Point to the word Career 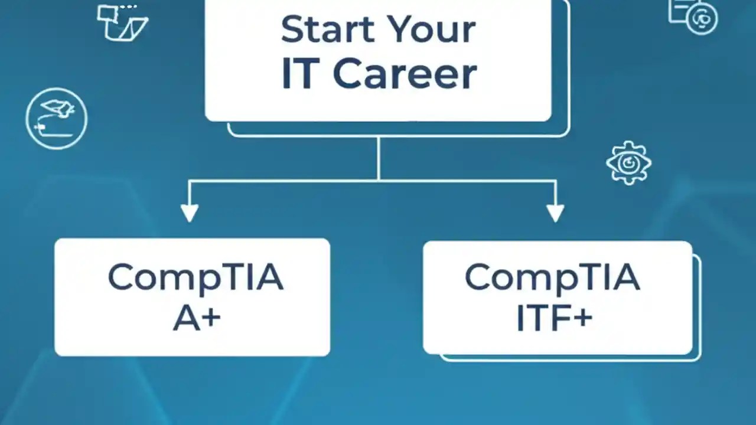[405, 74]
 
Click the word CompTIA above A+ [195, 278]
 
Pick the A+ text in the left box [196, 318]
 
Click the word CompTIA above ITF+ [552, 278]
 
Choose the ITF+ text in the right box [554, 318]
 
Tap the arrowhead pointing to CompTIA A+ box [189, 212]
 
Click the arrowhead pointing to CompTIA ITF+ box [555, 212]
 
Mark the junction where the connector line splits [378, 180]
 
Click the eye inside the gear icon [628, 162]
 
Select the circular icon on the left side [57, 118]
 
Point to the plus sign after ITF [582, 318]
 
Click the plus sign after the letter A [211, 319]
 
